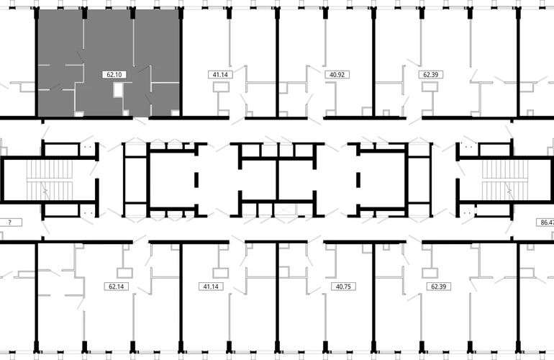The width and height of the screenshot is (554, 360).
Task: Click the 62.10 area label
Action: (114, 75)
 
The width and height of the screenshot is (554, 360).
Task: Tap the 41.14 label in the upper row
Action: (220, 75)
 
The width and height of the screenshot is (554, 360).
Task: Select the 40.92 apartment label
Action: (337, 75)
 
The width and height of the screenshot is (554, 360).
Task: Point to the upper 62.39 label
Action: (431, 75)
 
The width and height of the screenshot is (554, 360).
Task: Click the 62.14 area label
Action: (117, 287)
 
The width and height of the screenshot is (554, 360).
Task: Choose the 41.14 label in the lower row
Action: (211, 287)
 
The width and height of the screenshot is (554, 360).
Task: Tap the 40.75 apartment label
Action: (343, 287)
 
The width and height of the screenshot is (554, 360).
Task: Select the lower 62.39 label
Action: (438, 287)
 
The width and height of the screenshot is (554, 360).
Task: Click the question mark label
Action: (10, 222)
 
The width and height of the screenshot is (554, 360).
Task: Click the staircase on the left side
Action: (50, 180)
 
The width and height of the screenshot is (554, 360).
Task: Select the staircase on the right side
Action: (505, 180)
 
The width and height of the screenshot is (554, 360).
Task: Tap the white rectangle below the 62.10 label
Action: (118, 90)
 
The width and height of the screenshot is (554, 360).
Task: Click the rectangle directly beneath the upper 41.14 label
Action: (221, 87)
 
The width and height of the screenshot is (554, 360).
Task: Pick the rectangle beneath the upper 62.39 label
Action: (430, 87)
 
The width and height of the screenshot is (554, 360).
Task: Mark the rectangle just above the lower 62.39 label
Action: (430, 273)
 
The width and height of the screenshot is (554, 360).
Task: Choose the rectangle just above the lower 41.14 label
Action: (221, 273)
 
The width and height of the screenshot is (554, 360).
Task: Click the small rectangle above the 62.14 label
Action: (124, 273)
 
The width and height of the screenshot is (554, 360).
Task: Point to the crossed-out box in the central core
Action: (285, 210)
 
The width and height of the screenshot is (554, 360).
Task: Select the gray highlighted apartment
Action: (109, 63)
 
